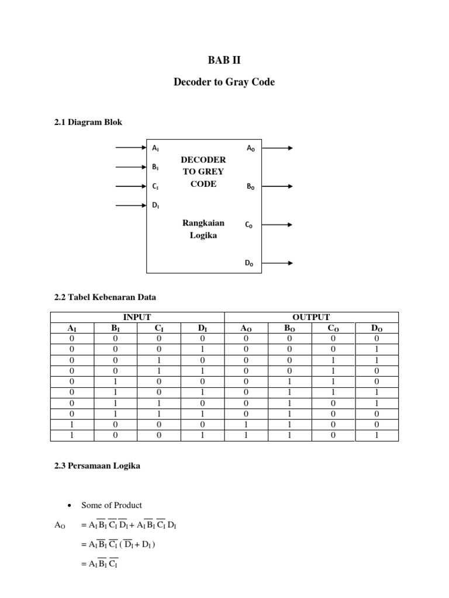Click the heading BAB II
pyautogui.click(x=224, y=60)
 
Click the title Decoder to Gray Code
pyautogui.click(x=224, y=82)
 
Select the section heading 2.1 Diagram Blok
pyautogui.click(x=88, y=122)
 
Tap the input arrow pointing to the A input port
pyautogui.click(x=130, y=148)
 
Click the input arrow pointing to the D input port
pyautogui.click(x=130, y=205)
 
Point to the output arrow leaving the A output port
pyautogui.click(x=278, y=148)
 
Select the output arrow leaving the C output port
pyautogui.click(x=278, y=224)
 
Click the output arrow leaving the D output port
pyautogui.click(x=278, y=263)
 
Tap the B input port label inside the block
pyautogui.click(x=156, y=167)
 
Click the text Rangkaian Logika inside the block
pyautogui.click(x=203, y=229)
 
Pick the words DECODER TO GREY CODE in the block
pyautogui.click(x=203, y=172)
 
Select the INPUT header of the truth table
pyautogui.click(x=137, y=317)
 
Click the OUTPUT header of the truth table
pyautogui.click(x=311, y=317)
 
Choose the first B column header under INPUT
pyautogui.click(x=115, y=328)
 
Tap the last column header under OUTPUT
pyautogui.click(x=377, y=328)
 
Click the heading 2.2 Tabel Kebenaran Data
pyautogui.click(x=105, y=297)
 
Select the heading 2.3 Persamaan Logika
pyautogui.click(x=97, y=467)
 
